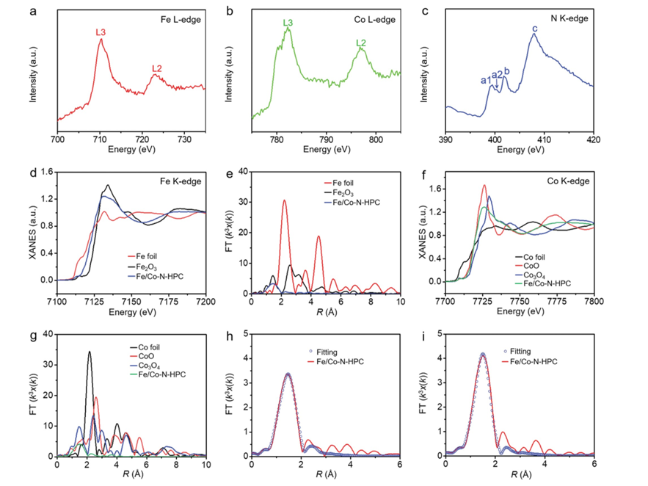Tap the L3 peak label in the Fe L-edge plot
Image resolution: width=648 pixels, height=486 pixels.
pyautogui.click(x=101, y=32)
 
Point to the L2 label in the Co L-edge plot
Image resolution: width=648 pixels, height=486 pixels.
pyautogui.click(x=360, y=43)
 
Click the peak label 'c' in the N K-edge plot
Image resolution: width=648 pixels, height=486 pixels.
pyautogui.click(x=535, y=29)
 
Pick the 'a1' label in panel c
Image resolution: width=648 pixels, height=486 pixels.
pyautogui.click(x=484, y=80)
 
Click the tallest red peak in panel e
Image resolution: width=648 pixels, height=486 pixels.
pyautogui.click(x=284, y=200)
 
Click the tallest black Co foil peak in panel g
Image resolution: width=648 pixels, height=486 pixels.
pyautogui.click(x=90, y=352)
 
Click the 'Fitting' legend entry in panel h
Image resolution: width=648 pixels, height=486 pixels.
pyautogui.click(x=347, y=353)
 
